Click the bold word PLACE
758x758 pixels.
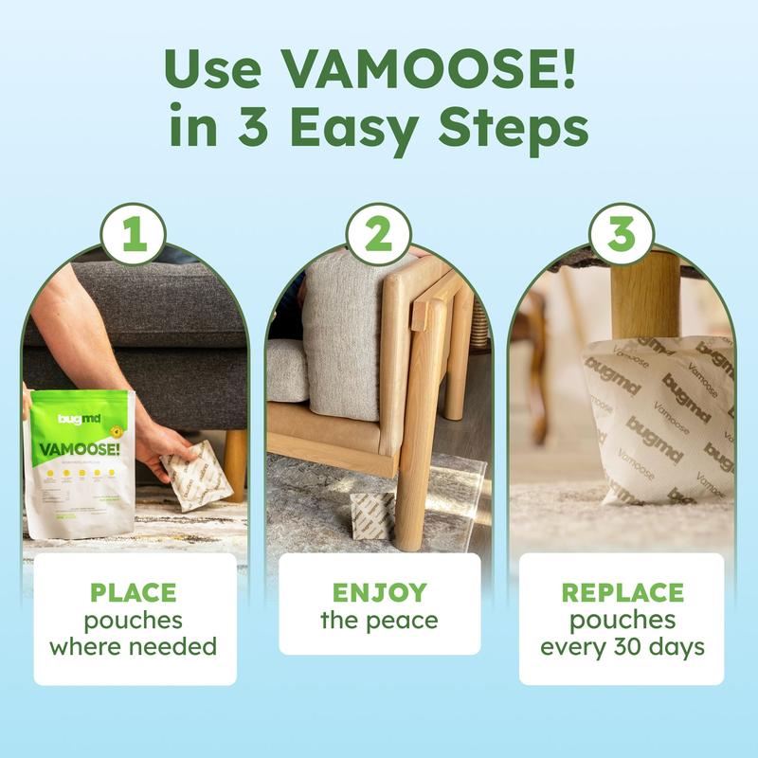[133, 593]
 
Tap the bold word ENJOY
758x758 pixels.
[378, 593]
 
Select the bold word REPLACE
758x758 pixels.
[622, 593]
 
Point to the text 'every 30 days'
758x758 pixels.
[622, 648]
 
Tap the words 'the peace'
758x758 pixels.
[378, 622]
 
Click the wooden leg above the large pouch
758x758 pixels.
[645, 294]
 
